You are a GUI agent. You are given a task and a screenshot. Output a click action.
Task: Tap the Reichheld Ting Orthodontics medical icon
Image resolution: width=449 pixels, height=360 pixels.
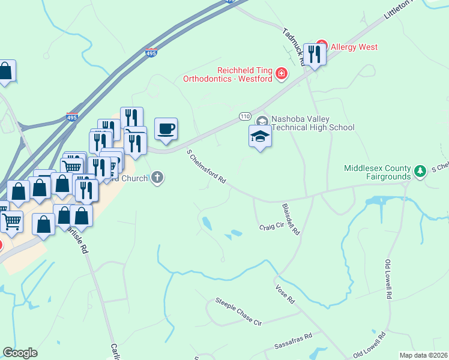(281, 74)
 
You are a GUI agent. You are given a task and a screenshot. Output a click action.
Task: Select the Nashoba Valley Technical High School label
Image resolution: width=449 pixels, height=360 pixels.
(313, 123)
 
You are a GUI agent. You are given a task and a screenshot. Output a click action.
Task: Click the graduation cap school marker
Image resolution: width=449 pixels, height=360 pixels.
(260, 137)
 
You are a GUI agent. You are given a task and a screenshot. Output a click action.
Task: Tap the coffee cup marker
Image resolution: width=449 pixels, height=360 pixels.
(166, 129)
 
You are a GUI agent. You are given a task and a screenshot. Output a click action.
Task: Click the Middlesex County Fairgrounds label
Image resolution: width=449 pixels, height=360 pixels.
(378, 172)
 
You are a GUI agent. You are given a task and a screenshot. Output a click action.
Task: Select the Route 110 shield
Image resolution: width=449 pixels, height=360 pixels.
(245, 115)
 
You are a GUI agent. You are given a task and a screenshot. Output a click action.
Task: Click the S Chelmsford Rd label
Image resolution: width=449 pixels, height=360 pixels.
(206, 167)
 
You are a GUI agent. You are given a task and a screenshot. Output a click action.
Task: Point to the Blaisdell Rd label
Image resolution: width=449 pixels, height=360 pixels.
(291, 219)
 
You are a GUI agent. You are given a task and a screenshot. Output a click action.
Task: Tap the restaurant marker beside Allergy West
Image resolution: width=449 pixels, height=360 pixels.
(314, 55)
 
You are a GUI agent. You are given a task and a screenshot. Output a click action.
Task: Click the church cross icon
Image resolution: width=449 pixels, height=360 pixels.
(157, 177)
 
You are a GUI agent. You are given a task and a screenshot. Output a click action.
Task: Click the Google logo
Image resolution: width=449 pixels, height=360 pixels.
(20, 353)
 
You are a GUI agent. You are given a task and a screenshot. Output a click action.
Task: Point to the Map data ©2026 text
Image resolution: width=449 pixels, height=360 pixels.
(423, 355)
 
